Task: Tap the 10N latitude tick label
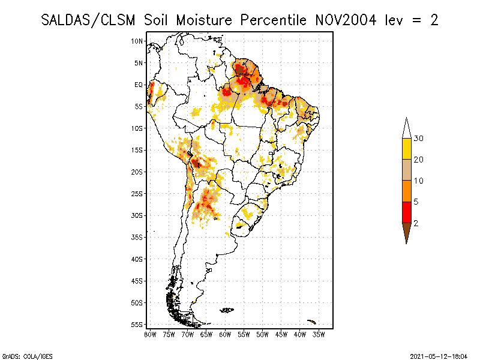pos(137,41)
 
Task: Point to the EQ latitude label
pos(139,85)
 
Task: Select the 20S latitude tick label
pos(137,172)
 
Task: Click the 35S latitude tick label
pos(137,237)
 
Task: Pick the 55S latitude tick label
pos(137,325)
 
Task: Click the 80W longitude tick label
pos(150,334)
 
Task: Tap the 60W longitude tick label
pos(226,334)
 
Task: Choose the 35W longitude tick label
pos(319,334)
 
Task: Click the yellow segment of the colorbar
pos(406,149)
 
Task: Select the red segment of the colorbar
pos(406,212)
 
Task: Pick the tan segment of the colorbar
pos(406,170)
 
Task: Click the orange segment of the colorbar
pos(406,191)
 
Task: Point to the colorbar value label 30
pos(419,139)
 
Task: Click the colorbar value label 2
pos(416,223)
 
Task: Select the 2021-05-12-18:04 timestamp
pos(440,355)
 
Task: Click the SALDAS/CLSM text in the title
pos(90,20)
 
